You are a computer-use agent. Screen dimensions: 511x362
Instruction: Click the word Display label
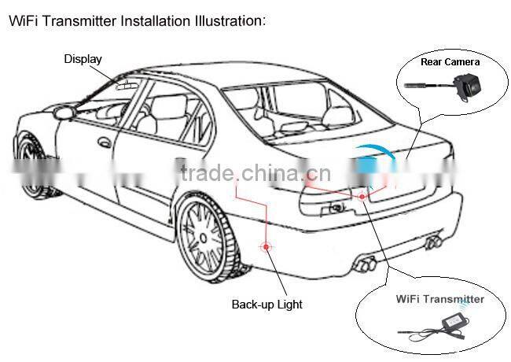[83, 59]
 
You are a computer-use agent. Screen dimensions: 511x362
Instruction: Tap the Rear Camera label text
[450, 62]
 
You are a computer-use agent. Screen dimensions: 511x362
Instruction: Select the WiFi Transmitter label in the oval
[440, 299]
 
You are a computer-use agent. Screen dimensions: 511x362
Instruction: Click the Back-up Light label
[267, 305]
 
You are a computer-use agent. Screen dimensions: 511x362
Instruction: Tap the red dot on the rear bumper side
[266, 246]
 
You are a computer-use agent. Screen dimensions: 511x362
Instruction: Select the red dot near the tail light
[362, 196]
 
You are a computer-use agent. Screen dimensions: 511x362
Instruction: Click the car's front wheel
[32, 163]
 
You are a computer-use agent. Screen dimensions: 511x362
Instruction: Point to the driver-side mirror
[64, 113]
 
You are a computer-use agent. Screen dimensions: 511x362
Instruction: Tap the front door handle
[105, 142]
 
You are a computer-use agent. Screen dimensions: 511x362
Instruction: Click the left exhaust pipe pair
[366, 264]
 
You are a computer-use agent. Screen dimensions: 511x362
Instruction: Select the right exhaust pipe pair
[433, 242]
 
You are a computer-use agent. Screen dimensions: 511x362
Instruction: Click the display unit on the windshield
[127, 86]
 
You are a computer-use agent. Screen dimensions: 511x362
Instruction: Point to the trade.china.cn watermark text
[256, 172]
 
